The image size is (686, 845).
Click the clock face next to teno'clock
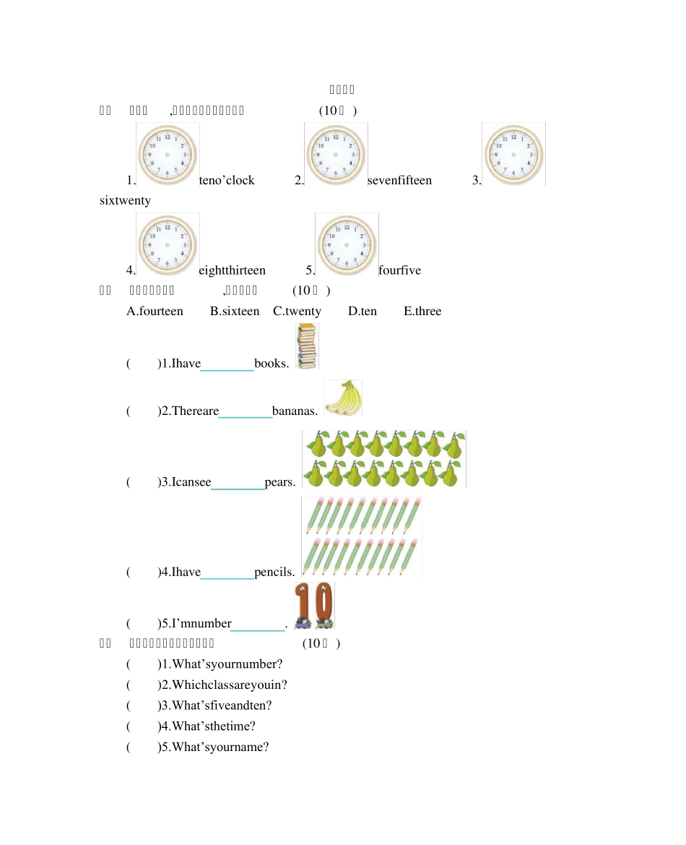pyautogui.click(x=168, y=154)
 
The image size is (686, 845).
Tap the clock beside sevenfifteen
pyautogui.click(x=336, y=154)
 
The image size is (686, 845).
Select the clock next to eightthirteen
pyautogui.click(x=168, y=244)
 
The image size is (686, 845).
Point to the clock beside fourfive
pyautogui.click(x=347, y=244)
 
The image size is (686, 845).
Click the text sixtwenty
pyautogui.click(x=125, y=200)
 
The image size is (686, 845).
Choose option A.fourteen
pyautogui.click(x=155, y=312)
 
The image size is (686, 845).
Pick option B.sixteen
pyautogui.click(x=235, y=312)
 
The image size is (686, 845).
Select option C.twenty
pyautogui.click(x=297, y=312)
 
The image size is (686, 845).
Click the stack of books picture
pyautogui.click(x=307, y=346)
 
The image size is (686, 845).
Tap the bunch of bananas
pyautogui.click(x=343, y=398)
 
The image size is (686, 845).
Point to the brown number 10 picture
pyautogui.click(x=314, y=605)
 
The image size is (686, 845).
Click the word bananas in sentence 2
pyautogui.click(x=295, y=411)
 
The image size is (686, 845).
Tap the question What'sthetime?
pyautogui.click(x=213, y=726)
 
